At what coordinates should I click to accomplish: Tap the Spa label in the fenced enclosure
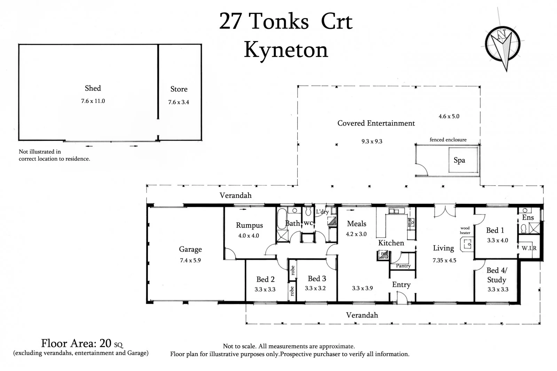459,160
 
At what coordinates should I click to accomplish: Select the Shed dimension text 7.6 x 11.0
93,101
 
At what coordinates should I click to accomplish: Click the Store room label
179,89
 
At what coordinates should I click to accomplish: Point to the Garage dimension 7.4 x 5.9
190,260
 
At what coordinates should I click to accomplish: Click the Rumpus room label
249,225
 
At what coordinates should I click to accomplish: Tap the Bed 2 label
265,280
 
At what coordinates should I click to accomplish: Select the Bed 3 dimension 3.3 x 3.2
315,288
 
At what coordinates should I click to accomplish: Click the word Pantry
403,266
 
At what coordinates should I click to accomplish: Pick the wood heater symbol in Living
466,244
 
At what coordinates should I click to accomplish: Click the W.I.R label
529,248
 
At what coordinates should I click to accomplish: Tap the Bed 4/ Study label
497,275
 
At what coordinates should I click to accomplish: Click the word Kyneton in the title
286,50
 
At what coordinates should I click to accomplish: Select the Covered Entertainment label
376,123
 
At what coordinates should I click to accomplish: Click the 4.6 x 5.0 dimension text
449,116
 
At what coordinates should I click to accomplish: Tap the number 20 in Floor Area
105,344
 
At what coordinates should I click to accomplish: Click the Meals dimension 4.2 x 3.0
356,234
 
